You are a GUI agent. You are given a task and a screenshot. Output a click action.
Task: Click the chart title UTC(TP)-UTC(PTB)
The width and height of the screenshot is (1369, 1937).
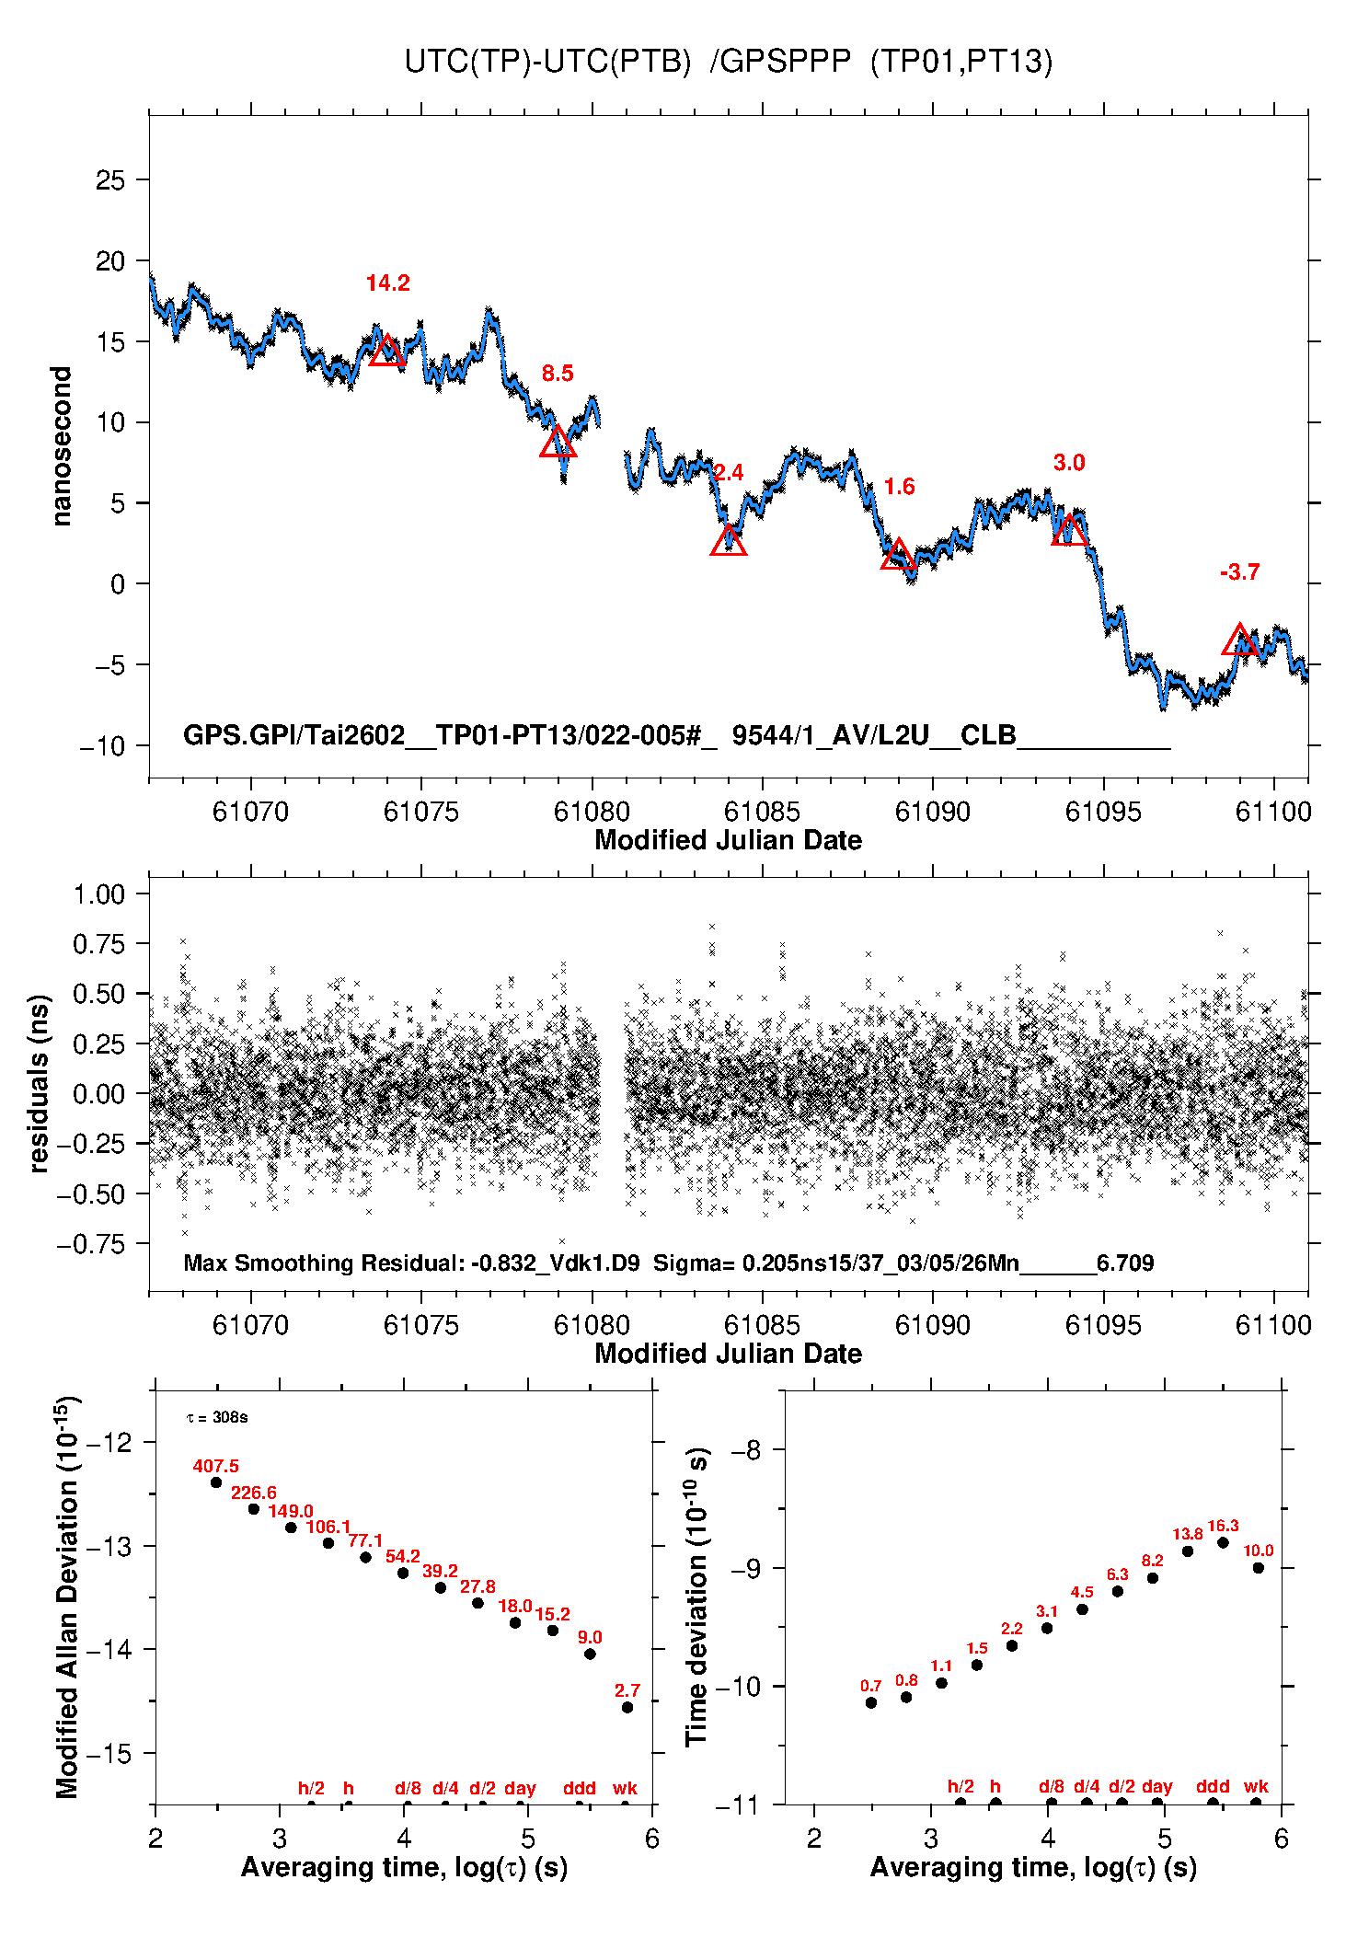tap(547, 62)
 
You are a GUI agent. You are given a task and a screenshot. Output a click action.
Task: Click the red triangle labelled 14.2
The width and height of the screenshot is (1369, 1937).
tap(387, 351)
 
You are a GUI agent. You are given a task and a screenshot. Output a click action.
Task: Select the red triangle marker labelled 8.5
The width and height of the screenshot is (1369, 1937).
tap(558, 443)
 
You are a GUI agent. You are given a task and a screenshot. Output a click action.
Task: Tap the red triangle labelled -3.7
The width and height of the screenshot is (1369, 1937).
tap(1239, 640)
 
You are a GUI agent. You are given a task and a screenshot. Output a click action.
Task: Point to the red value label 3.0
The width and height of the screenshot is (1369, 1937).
tap(1069, 463)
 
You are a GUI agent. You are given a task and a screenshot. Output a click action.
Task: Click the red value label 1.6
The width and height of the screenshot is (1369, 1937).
tap(899, 487)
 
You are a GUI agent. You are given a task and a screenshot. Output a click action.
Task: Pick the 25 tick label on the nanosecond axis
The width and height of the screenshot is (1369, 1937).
tap(110, 180)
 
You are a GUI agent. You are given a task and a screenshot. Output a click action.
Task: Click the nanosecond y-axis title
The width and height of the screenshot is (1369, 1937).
tap(62, 445)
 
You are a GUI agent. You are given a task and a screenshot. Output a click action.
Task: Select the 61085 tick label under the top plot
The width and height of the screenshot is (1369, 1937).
tap(762, 812)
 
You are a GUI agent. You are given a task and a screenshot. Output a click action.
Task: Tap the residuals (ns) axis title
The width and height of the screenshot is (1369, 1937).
tap(39, 1083)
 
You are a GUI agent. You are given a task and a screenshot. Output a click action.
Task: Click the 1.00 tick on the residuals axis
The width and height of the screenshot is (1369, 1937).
tap(98, 894)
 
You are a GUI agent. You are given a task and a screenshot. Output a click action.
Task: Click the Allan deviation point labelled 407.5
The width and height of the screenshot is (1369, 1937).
tap(216, 1482)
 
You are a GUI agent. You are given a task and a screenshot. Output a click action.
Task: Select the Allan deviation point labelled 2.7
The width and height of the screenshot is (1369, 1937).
tap(627, 1707)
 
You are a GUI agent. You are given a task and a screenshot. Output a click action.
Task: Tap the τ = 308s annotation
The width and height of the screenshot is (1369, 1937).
tap(217, 1417)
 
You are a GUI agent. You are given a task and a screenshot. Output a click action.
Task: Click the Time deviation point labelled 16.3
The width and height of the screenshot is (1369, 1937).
tap(1223, 1542)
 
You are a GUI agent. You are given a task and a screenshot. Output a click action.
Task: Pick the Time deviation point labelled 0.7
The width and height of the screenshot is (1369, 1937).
tap(871, 1702)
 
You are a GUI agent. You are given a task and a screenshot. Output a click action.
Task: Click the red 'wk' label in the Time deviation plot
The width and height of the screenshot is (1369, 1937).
tap(1256, 1786)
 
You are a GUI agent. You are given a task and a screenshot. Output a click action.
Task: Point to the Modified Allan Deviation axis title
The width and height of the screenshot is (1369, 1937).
tap(66, 1597)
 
